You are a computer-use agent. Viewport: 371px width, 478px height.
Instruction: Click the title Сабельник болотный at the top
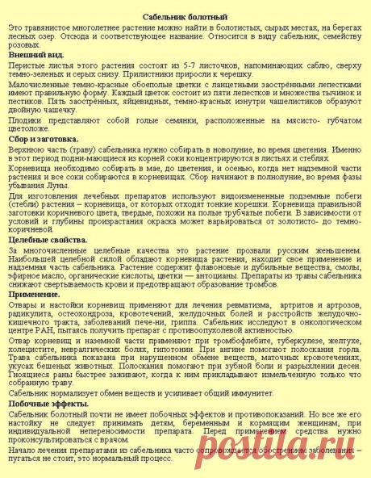click(x=185, y=16)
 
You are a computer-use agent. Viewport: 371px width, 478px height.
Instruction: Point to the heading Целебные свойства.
click(x=44, y=240)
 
